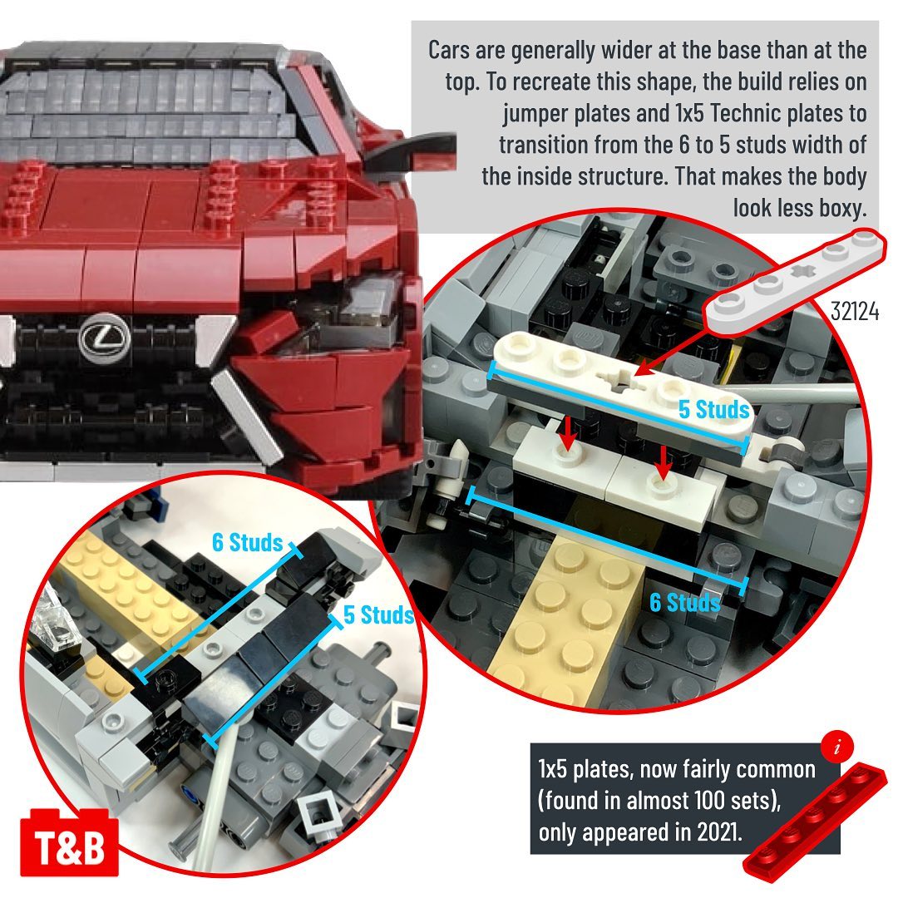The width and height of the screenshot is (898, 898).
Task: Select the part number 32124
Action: pos(855,311)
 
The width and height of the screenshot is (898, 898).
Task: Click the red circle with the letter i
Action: pos(837,747)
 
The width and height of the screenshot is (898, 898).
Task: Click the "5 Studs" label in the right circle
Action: pos(713,409)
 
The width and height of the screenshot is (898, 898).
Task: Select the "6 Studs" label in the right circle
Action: pos(685,603)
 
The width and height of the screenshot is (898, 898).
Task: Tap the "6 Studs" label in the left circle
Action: pos(248,542)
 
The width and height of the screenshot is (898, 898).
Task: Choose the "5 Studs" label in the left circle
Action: pos(378,614)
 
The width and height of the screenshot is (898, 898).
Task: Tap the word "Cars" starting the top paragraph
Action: pos(449,50)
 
